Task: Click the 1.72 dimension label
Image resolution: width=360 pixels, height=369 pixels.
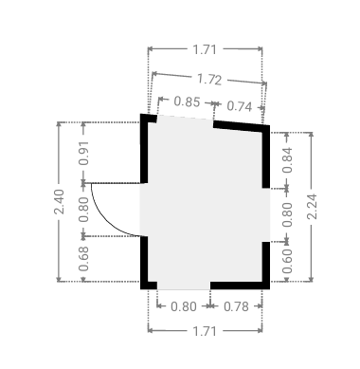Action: pyautogui.click(x=209, y=79)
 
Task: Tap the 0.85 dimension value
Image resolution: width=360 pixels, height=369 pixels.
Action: pyautogui.click(x=187, y=101)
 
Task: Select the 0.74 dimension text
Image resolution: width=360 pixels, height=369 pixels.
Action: pyautogui.click(x=240, y=106)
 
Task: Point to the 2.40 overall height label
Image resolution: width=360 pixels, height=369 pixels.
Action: pyautogui.click(x=59, y=201)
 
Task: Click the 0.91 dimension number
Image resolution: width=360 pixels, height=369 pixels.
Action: pyautogui.click(x=84, y=153)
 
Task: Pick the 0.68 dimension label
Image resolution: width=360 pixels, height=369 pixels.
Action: pyautogui.click(x=84, y=259)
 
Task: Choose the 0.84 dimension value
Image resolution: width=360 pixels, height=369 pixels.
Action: pyautogui.click(x=287, y=160)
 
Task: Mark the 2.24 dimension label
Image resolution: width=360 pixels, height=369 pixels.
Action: pyautogui.click(x=312, y=207)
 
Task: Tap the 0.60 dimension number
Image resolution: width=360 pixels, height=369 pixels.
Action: pyautogui.click(x=287, y=261)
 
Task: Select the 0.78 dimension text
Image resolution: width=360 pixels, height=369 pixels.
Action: pyautogui.click(x=236, y=306)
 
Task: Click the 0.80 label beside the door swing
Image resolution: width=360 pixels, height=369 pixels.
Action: pyautogui.click(x=84, y=210)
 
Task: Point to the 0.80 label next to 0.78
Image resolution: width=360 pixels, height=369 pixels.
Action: pyautogui.click(x=184, y=306)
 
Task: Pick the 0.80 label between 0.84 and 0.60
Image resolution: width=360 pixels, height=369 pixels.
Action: pyautogui.click(x=287, y=214)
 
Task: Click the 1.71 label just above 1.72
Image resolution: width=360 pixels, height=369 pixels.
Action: pyautogui.click(x=205, y=49)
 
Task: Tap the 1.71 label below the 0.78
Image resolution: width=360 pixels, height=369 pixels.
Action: pyautogui.click(x=205, y=331)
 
